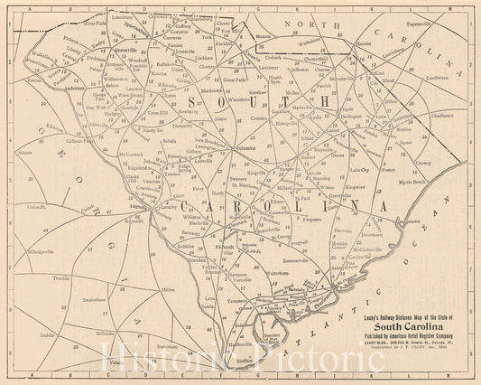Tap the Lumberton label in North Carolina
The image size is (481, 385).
[438, 78]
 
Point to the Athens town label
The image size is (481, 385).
[24, 153]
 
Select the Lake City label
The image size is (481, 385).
[359, 169]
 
